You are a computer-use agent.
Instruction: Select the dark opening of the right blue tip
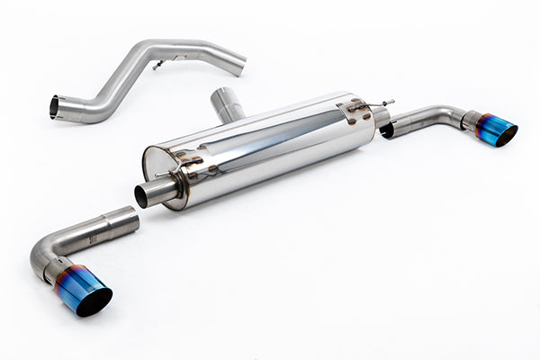[506, 136]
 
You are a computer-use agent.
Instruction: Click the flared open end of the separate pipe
[55, 107]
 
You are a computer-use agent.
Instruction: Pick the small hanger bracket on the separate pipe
[158, 64]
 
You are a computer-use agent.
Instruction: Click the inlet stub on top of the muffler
[228, 103]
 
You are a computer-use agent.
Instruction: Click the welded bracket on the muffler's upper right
[355, 110]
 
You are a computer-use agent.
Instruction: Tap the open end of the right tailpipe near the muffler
[388, 130]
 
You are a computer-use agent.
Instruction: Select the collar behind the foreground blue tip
[59, 268]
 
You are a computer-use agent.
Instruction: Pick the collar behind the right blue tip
[470, 120]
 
